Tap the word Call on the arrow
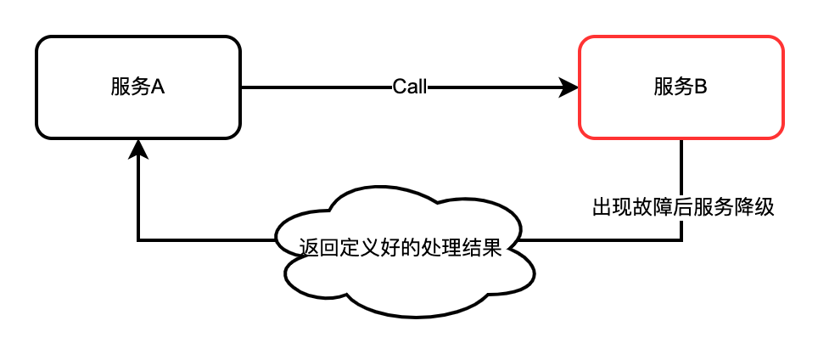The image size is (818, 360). pyautogui.click(x=410, y=87)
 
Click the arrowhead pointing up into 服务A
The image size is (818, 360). pyautogui.click(x=138, y=149)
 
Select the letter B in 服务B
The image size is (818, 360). pyautogui.click(x=701, y=87)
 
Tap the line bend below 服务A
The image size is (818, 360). pyautogui.click(x=138, y=240)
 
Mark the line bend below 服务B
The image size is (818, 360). pyautogui.click(x=682, y=240)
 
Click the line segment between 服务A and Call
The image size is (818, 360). pyautogui.click(x=314, y=87)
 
